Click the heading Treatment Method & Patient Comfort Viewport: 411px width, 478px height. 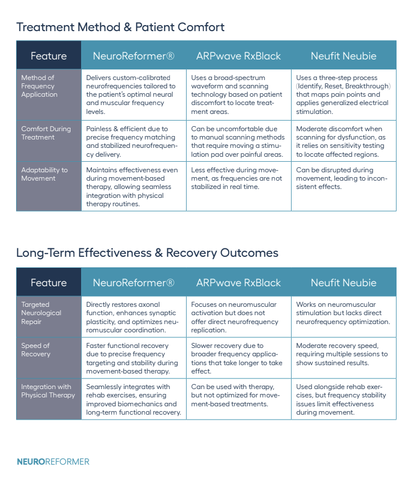pos(121,27)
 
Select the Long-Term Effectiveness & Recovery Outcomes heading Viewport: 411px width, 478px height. pos(147,253)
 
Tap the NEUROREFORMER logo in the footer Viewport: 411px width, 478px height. pos(53,461)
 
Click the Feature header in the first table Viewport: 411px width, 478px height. pos(49,56)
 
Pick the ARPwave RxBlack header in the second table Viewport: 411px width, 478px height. pos(238,282)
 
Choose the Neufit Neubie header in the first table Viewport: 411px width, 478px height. pos(343,56)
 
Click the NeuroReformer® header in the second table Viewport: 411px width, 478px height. pos(133,282)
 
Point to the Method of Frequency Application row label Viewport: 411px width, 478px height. pos(39,86)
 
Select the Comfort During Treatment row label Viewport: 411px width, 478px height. pos(46,133)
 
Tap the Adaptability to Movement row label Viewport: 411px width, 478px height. pos(44,174)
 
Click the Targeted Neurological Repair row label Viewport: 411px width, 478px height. pos(41,313)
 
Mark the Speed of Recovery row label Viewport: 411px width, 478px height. pos(36,350)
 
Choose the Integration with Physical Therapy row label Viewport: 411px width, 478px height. pos(48,391)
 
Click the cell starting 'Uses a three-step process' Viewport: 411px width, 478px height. pos(343,94)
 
